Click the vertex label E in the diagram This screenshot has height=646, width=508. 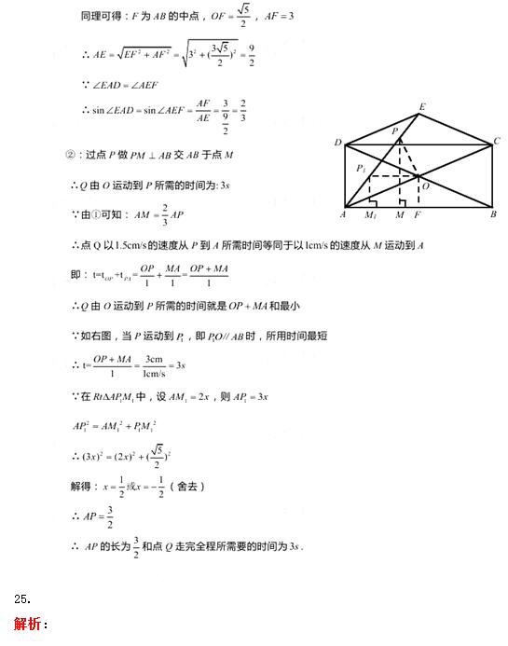(422, 107)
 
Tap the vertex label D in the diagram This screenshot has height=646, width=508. (337, 143)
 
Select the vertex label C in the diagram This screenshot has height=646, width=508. (497, 141)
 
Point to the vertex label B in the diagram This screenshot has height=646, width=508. (492, 214)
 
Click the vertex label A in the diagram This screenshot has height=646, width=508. (343, 215)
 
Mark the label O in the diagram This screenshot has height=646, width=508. (424, 186)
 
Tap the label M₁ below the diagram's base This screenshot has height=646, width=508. (371, 216)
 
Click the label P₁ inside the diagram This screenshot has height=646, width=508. (362, 169)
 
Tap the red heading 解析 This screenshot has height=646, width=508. (31, 624)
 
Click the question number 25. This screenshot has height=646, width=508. (22, 598)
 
